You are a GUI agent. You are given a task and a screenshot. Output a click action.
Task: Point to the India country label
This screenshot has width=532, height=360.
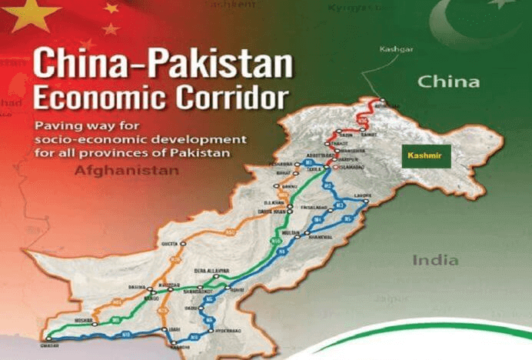pos(436,260)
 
